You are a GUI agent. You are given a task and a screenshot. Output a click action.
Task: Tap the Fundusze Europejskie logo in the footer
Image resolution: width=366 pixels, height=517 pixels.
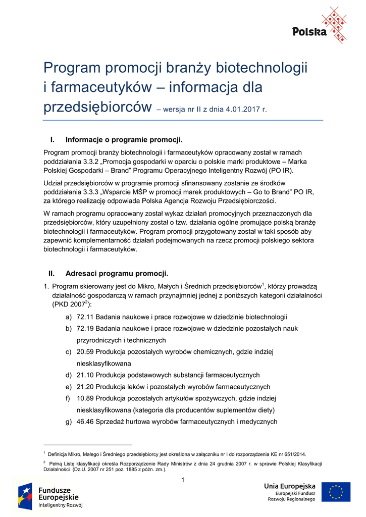tap(50, 496)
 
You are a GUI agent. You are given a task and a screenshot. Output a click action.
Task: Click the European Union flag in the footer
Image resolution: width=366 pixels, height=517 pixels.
tap(336, 492)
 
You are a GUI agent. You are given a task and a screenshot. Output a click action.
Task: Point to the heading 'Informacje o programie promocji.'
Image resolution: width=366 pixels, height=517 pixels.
tap(124, 139)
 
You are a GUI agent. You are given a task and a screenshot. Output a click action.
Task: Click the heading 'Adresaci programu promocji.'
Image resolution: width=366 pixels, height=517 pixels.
tap(117, 274)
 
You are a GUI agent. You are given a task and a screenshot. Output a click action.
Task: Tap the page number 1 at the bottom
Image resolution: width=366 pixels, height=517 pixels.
tap(183, 479)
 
